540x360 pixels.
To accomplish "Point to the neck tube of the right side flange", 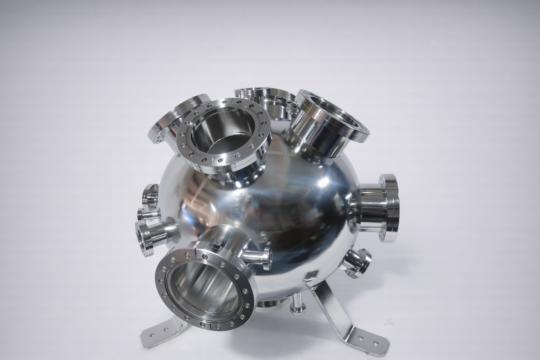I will (x=373, y=207).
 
